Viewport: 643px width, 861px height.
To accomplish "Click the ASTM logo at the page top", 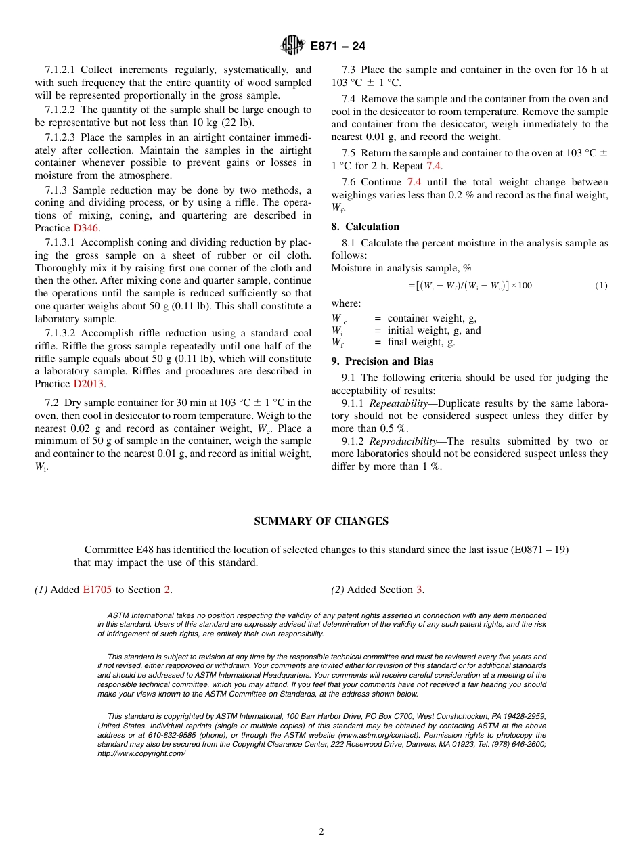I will [292, 46].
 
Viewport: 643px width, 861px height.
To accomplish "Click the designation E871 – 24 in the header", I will [338, 47].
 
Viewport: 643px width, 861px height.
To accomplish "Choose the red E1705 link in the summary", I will [97, 590].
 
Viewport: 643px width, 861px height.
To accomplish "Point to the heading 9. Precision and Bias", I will [382, 361].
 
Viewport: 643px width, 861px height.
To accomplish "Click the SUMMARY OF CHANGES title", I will [321, 521].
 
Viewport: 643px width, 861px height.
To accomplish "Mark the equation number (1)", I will [601, 286].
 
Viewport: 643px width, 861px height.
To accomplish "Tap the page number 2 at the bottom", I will [321, 832].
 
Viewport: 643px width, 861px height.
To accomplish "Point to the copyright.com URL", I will [141, 753].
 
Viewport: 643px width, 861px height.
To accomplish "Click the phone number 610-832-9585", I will [169, 735].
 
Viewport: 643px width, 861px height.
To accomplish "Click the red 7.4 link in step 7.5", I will [434, 166].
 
